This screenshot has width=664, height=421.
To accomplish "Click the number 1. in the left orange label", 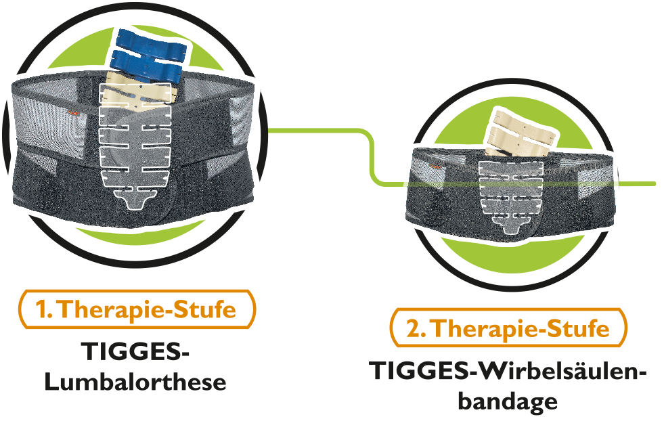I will (x=45, y=310).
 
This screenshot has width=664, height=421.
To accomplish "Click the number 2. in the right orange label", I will (x=416, y=328).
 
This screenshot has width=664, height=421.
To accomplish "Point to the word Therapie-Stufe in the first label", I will (x=148, y=310).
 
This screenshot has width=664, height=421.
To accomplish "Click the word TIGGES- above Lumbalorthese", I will (x=135, y=352).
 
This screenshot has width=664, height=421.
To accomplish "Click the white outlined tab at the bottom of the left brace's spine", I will (x=140, y=200).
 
